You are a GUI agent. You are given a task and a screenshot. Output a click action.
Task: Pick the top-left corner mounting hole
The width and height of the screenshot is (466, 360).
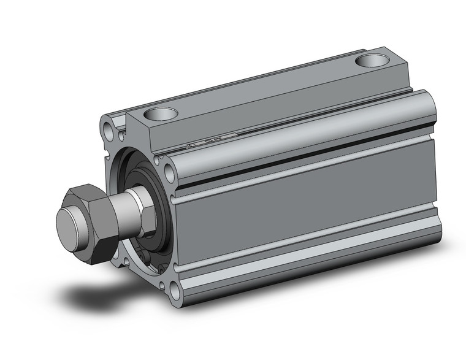tap(110, 130)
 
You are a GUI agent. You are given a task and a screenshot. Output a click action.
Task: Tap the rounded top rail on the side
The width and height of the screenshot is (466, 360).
tap(307, 132)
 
